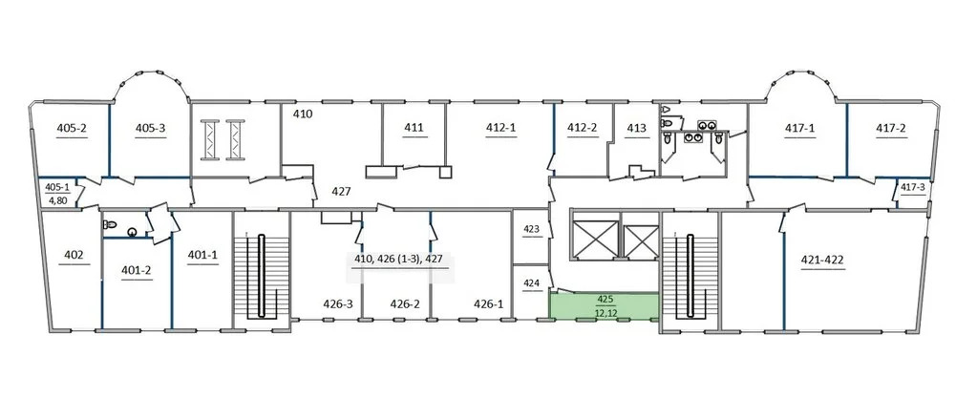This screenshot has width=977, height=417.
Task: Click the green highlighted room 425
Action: click(x=604, y=305)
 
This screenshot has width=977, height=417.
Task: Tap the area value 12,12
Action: click(x=604, y=313)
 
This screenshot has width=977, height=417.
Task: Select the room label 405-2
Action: click(x=72, y=128)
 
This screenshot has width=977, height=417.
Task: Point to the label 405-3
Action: click(x=150, y=128)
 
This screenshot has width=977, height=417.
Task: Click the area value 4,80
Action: click(x=57, y=200)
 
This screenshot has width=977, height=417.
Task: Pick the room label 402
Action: click(x=74, y=255)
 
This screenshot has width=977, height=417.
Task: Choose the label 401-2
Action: click(x=137, y=270)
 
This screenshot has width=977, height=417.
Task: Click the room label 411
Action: click(x=414, y=128)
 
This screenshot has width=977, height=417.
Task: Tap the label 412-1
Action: click(x=501, y=128)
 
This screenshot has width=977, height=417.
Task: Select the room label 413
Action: click(x=636, y=128)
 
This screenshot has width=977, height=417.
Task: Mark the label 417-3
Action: click(x=913, y=186)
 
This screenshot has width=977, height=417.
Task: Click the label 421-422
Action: click(x=822, y=260)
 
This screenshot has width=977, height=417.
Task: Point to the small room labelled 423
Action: click(x=530, y=229)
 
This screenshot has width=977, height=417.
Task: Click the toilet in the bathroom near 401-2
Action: click(x=111, y=224)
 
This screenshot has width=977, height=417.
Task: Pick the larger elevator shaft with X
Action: click(x=595, y=239)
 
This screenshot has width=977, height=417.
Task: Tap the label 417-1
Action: click(x=800, y=128)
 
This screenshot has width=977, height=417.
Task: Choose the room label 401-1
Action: click(x=202, y=255)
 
